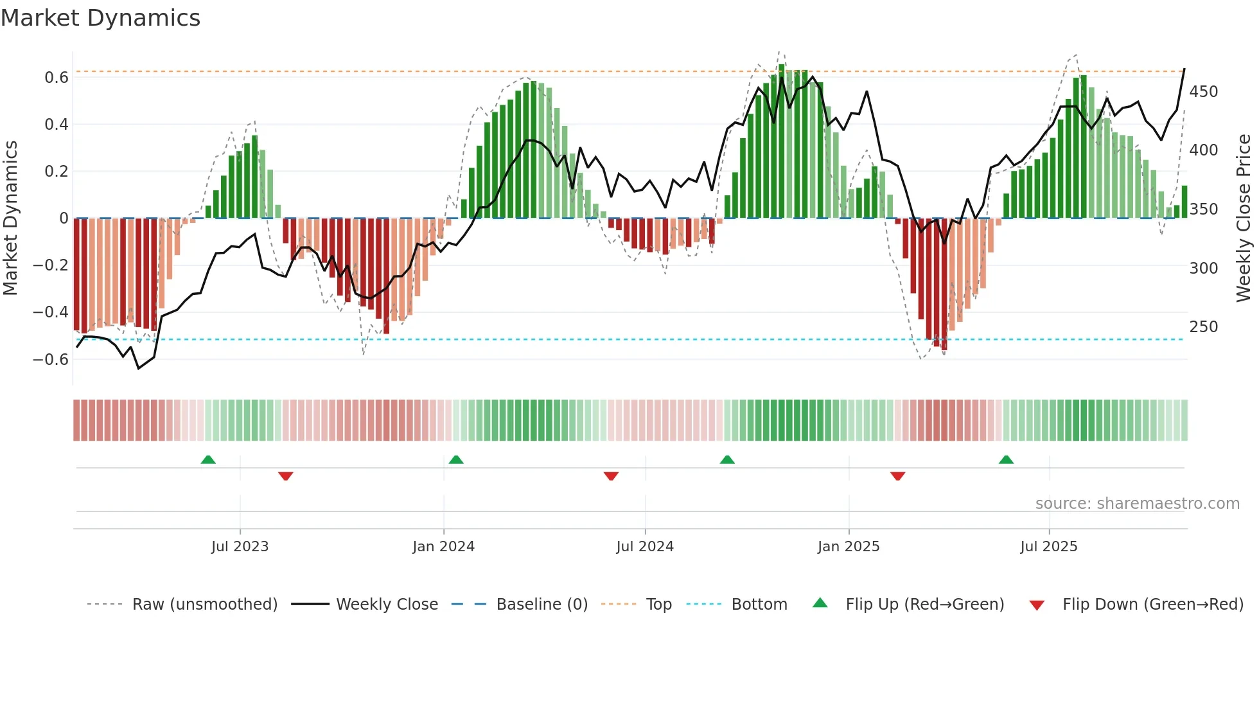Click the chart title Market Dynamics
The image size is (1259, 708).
pyautogui.click(x=100, y=18)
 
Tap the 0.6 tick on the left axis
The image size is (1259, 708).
pyautogui.click(x=57, y=78)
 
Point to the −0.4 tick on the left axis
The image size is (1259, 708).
pyautogui.click(x=51, y=312)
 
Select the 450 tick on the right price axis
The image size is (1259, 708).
pyautogui.click(x=1203, y=92)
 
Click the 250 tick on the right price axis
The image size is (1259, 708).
pyautogui.click(x=1203, y=327)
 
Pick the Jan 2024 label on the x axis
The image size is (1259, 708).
pyautogui.click(x=443, y=547)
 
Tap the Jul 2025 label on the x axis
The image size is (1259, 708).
pyautogui.click(x=1048, y=547)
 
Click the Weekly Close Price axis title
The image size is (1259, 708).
pyautogui.click(x=1244, y=218)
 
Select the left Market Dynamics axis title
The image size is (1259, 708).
pyautogui.click(x=10, y=218)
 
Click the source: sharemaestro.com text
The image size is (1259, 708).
pyautogui.click(x=1137, y=504)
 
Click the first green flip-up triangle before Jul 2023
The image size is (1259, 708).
pyautogui.click(x=208, y=460)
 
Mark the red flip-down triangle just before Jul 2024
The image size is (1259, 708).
pyautogui.click(x=611, y=476)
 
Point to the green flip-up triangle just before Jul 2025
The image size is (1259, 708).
pyautogui.click(x=1006, y=460)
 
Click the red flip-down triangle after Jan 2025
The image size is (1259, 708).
pyautogui.click(x=897, y=476)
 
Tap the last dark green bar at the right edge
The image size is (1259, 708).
pyautogui.click(x=1184, y=202)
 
